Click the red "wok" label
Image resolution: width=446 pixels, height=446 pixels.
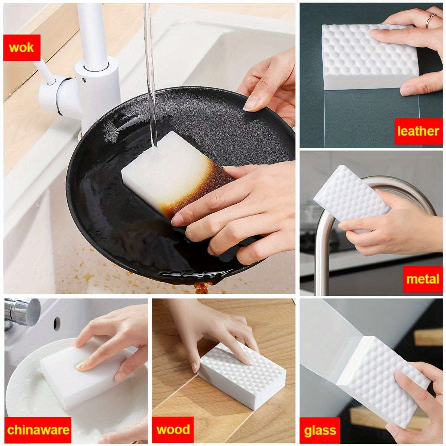(x=22, y=47)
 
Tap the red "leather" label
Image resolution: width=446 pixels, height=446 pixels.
(x=418, y=131)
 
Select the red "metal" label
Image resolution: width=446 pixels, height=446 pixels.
(x=423, y=279)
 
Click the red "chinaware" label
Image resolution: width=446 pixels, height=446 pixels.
(x=38, y=430)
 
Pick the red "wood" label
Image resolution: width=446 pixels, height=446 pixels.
(x=173, y=430)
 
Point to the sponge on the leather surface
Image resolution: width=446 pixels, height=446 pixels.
(x=357, y=56)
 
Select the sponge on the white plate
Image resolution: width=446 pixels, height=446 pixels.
(x=74, y=375)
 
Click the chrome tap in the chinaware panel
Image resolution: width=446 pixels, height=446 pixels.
(x=22, y=312)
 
